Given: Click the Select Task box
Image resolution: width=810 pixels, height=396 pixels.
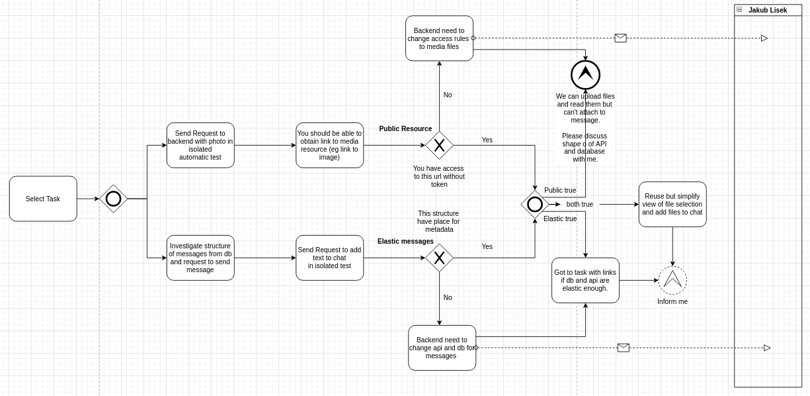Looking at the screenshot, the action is click(x=43, y=199).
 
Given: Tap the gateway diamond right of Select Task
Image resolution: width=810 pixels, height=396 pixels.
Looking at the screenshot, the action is click(x=113, y=199).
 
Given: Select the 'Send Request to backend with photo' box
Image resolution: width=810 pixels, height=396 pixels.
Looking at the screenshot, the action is click(x=200, y=145).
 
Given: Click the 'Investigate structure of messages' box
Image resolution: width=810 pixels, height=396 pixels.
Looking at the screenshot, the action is click(x=200, y=258).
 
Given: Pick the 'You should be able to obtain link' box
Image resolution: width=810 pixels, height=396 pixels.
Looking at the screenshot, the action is click(x=329, y=145).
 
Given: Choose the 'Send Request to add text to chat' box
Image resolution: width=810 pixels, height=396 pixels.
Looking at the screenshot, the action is click(x=329, y=258).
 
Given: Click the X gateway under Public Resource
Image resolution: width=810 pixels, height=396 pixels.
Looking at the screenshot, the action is click(x=439, y=145).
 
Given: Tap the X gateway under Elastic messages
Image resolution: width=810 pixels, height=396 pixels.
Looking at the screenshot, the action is click(x=439, y=258).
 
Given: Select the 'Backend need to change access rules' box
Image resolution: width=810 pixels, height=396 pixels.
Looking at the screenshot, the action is click(x=439, y=38).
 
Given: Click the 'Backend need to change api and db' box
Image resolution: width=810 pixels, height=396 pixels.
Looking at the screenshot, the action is click(x=442, y=348).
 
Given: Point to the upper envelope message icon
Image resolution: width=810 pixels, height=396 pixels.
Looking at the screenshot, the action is click(x=620, y=38).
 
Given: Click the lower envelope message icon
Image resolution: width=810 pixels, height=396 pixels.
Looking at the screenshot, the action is click(x=624, y=348).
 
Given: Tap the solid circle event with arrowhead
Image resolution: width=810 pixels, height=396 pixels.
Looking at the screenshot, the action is click(x=585, y=75).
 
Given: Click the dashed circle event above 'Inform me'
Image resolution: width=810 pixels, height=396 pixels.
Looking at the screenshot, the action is click(x=672, y=280).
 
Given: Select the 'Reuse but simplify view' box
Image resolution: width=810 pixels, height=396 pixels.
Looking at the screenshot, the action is click(x=672, y=205).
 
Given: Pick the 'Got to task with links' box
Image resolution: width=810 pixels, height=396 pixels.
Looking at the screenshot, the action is click(x=585, y=280).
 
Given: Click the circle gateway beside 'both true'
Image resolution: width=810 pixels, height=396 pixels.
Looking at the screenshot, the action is click(x=535, y=205).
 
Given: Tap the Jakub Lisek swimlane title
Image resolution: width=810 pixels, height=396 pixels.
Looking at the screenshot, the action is click(x=768, y=10).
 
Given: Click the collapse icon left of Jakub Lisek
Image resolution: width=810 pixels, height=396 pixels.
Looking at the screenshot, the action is click(x=739, y=9).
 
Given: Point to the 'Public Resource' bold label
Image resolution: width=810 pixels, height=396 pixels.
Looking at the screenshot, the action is click(x=405, y=128).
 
